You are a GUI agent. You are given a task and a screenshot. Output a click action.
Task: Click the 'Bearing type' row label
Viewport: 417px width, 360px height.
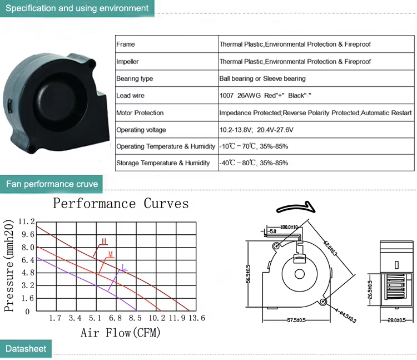tap(135, 78)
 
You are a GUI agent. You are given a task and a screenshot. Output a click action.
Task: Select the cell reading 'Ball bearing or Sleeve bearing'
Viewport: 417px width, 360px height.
tap(262, 78)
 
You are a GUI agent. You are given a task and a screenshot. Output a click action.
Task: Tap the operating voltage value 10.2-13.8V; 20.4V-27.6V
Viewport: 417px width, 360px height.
tap(256, 130)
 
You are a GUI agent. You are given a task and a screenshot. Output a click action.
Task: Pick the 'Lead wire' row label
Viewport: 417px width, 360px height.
tap(130, 96)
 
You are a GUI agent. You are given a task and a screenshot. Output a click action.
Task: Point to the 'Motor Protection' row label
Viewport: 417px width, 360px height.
tap(140, 113)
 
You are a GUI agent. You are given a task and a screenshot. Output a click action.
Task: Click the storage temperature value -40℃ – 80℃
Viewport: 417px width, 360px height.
tap(237, 163)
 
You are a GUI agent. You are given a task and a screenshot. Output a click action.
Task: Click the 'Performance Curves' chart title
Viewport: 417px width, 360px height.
tap(121, 204)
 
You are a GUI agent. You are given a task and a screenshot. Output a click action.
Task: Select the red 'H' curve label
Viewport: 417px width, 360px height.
tap(104, 241)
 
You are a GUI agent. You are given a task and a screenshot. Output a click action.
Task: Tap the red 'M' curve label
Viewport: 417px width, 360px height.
tap(111, 255)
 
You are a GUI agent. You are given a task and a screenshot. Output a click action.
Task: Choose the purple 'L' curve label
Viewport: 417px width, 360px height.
tap(123, 267)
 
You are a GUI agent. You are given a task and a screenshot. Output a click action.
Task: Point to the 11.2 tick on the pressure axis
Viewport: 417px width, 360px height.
tap(26, 221)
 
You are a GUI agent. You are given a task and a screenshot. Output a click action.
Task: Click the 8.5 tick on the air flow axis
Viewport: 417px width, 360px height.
tap(135, 318)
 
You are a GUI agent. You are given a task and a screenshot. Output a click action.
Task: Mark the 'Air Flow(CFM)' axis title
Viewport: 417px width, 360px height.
tap(121, 333)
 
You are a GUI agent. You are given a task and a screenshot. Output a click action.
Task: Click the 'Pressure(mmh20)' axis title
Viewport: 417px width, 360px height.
tap(9, 265)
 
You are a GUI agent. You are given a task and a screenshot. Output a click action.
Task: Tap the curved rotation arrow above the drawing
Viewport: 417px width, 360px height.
tap(296, 208)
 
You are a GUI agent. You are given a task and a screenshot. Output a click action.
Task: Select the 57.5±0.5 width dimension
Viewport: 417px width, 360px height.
tap(296, 320)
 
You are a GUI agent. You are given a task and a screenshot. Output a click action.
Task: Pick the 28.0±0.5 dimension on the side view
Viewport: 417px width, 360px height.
tap(396, 320)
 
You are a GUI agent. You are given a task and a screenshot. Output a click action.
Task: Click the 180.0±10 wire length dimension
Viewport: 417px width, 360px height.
tap(289, 227)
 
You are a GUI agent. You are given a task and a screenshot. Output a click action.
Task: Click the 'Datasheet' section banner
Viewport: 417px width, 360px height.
tap(26, 348)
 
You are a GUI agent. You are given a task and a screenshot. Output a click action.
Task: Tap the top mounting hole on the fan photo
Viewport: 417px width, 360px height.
tap(92, 64)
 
